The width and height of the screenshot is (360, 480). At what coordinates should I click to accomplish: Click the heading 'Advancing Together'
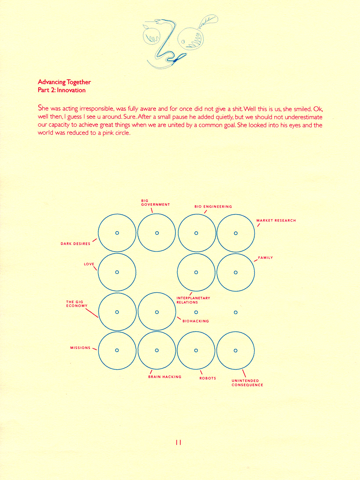64,82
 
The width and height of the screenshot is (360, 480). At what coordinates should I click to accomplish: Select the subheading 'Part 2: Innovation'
62,90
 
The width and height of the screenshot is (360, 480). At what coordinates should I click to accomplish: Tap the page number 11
178,442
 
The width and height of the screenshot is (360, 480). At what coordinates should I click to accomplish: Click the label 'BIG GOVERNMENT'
155,203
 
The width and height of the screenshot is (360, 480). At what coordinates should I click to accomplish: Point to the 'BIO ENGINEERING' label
213,207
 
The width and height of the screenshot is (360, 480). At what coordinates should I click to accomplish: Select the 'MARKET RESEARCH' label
276,220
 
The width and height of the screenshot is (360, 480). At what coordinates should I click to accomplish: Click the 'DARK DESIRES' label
75,244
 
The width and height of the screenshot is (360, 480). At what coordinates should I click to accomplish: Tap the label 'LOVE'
89,264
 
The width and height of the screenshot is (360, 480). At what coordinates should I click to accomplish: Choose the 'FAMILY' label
265,257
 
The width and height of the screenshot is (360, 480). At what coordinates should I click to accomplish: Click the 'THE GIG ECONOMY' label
77,304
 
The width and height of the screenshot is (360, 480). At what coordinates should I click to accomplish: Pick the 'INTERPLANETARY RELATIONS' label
193,300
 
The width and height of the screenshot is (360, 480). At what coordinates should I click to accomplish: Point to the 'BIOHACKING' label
196,321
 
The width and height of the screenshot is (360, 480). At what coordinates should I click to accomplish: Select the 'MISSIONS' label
80,348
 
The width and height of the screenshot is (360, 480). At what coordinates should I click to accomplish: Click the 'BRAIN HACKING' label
165,377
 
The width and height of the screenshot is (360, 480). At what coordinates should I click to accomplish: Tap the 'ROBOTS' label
208,378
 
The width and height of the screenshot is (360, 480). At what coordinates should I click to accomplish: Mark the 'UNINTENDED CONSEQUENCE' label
247,383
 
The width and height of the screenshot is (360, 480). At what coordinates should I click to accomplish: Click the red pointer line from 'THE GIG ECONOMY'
91,313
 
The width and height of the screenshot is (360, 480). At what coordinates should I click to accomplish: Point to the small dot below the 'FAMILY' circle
236,312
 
